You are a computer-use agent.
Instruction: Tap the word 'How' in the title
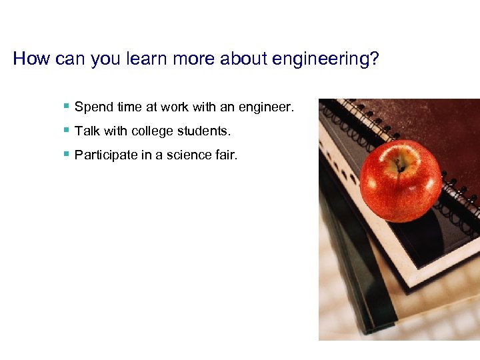(27, 59)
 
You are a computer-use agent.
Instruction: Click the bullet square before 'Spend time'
(66, 106)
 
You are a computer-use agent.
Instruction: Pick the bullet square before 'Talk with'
(66, 130)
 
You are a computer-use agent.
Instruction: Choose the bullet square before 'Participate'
(66, 154)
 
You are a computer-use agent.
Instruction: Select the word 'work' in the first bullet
(175, 107)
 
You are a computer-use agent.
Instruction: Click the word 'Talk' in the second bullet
(86, 131)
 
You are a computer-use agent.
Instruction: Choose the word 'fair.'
(225, 155)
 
